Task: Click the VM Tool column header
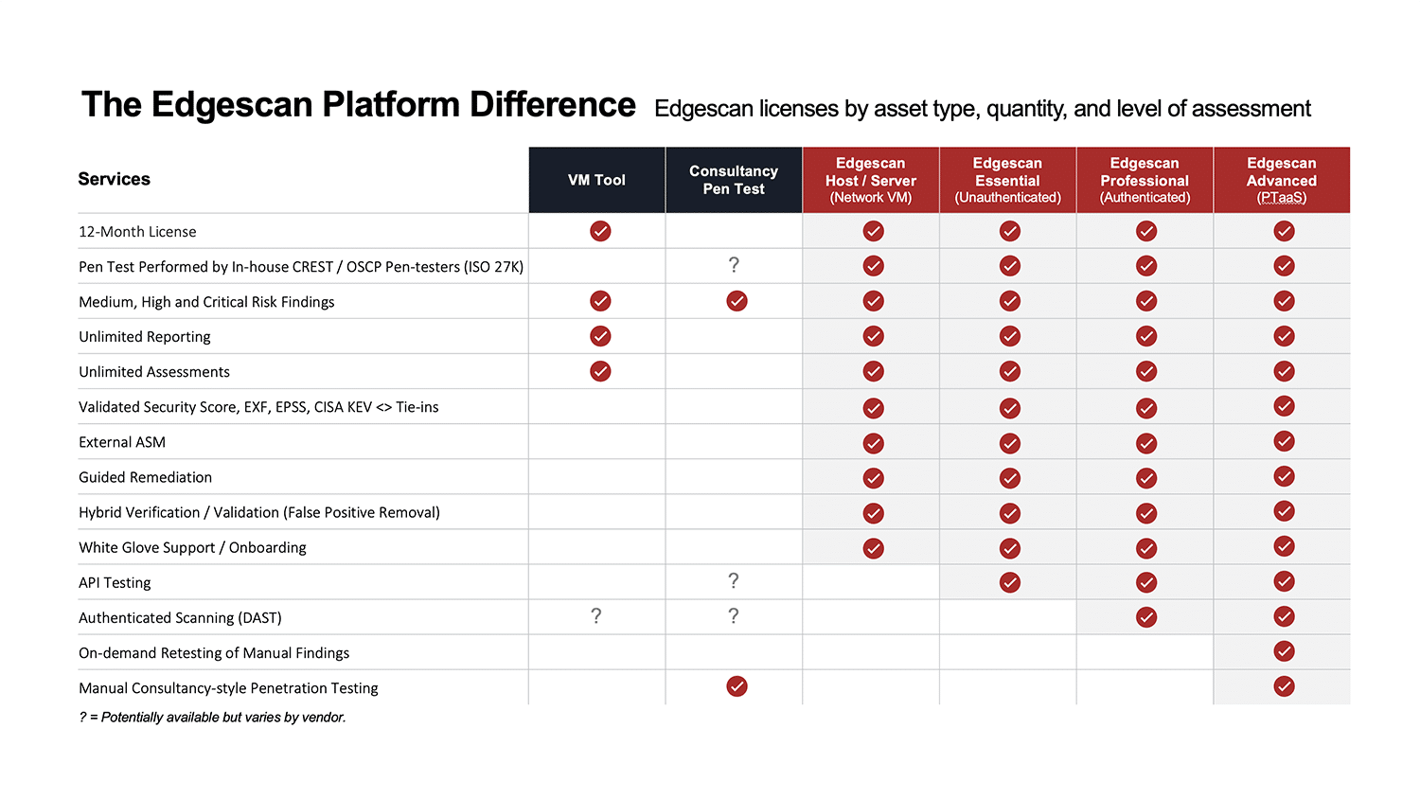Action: [596, 180]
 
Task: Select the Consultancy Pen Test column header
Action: [734, 180]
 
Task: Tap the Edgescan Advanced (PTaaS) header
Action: [1281, 180]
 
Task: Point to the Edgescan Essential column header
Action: [1007, 180]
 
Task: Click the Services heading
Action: [115, 180]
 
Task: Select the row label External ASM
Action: [122, 442]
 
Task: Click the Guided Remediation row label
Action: [145, 477]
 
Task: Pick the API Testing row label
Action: [115, 583]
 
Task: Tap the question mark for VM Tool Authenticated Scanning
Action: [595, 615]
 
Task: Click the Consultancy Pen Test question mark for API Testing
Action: [734, 581]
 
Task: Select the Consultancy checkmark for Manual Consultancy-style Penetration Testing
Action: [737, 686]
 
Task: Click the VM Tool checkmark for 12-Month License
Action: [600, 231]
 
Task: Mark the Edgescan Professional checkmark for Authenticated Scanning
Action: [1146, 617]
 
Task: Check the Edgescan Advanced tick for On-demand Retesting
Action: [1284, 651]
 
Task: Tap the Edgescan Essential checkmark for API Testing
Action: [1010, 582]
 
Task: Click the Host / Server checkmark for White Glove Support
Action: [873, 548]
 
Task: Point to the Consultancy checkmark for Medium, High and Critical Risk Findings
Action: [737, 301]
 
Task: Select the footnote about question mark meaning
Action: [212, 718]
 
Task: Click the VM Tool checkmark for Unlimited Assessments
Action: [600, 371]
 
